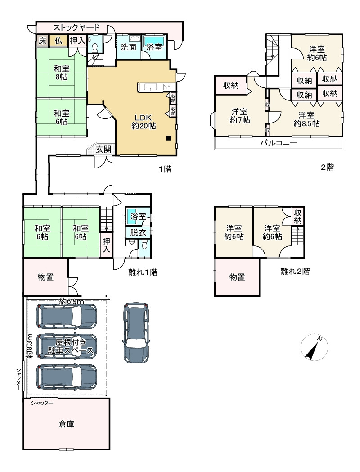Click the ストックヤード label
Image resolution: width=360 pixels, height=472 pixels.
click(76, 27)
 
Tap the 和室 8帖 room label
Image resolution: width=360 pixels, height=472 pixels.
click(61, 72)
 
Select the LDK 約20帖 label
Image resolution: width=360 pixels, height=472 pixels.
click(144, 122)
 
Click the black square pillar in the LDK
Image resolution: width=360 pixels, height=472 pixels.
click(169, 138)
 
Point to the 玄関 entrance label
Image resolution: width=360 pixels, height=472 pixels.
click(103, 149)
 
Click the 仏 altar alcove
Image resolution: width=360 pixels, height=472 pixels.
click(58, 41)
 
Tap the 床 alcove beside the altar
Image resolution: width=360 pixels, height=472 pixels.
click(43, 41)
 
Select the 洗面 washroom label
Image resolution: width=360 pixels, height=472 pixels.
click(128, 47)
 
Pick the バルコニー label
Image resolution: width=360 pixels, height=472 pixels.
click(279, 143)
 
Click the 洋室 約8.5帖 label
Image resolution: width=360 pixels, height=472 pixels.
click(306, 119)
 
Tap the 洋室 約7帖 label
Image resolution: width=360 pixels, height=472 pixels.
click(240, 116)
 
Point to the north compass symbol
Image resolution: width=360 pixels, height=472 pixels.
click(314, 347)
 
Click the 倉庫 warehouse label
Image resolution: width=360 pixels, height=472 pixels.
click(66, 424)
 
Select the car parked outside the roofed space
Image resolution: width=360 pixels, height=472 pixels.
click(136, 332)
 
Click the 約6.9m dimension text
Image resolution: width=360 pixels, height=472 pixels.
click(72, 301)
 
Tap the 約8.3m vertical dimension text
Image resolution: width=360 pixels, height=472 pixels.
click(29, 345)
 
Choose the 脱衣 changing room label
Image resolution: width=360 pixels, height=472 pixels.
click(138, 232)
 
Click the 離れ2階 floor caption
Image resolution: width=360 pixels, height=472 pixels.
click(295, 271)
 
